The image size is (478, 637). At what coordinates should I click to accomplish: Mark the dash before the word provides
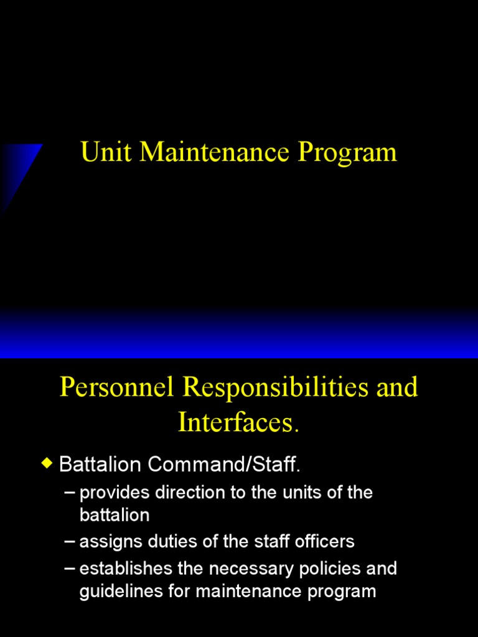[x=70, y=493]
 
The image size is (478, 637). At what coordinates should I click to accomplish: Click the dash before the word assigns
[x=70, y=541]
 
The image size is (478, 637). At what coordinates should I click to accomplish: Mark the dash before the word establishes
[x=70, y=569]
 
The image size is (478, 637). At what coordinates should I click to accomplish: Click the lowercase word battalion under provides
[x=115, y=515]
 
